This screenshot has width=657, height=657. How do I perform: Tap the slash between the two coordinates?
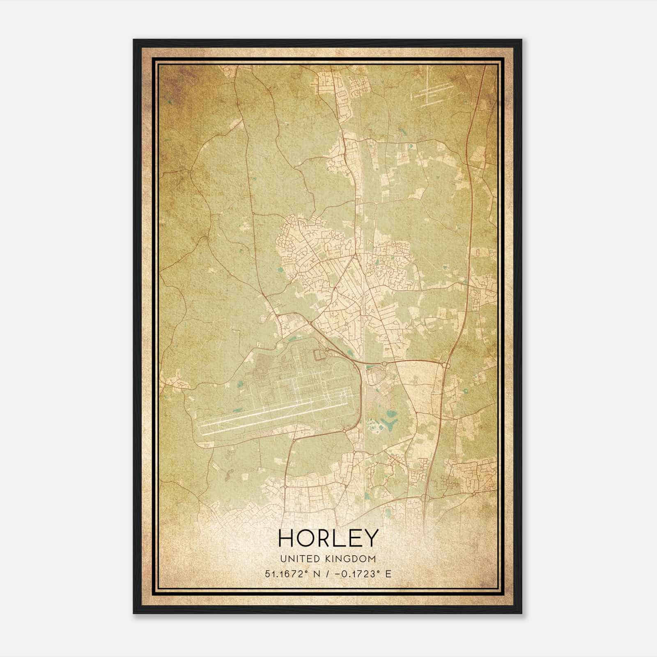(326, 574)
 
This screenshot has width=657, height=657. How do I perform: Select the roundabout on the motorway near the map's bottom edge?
(425, 498)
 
